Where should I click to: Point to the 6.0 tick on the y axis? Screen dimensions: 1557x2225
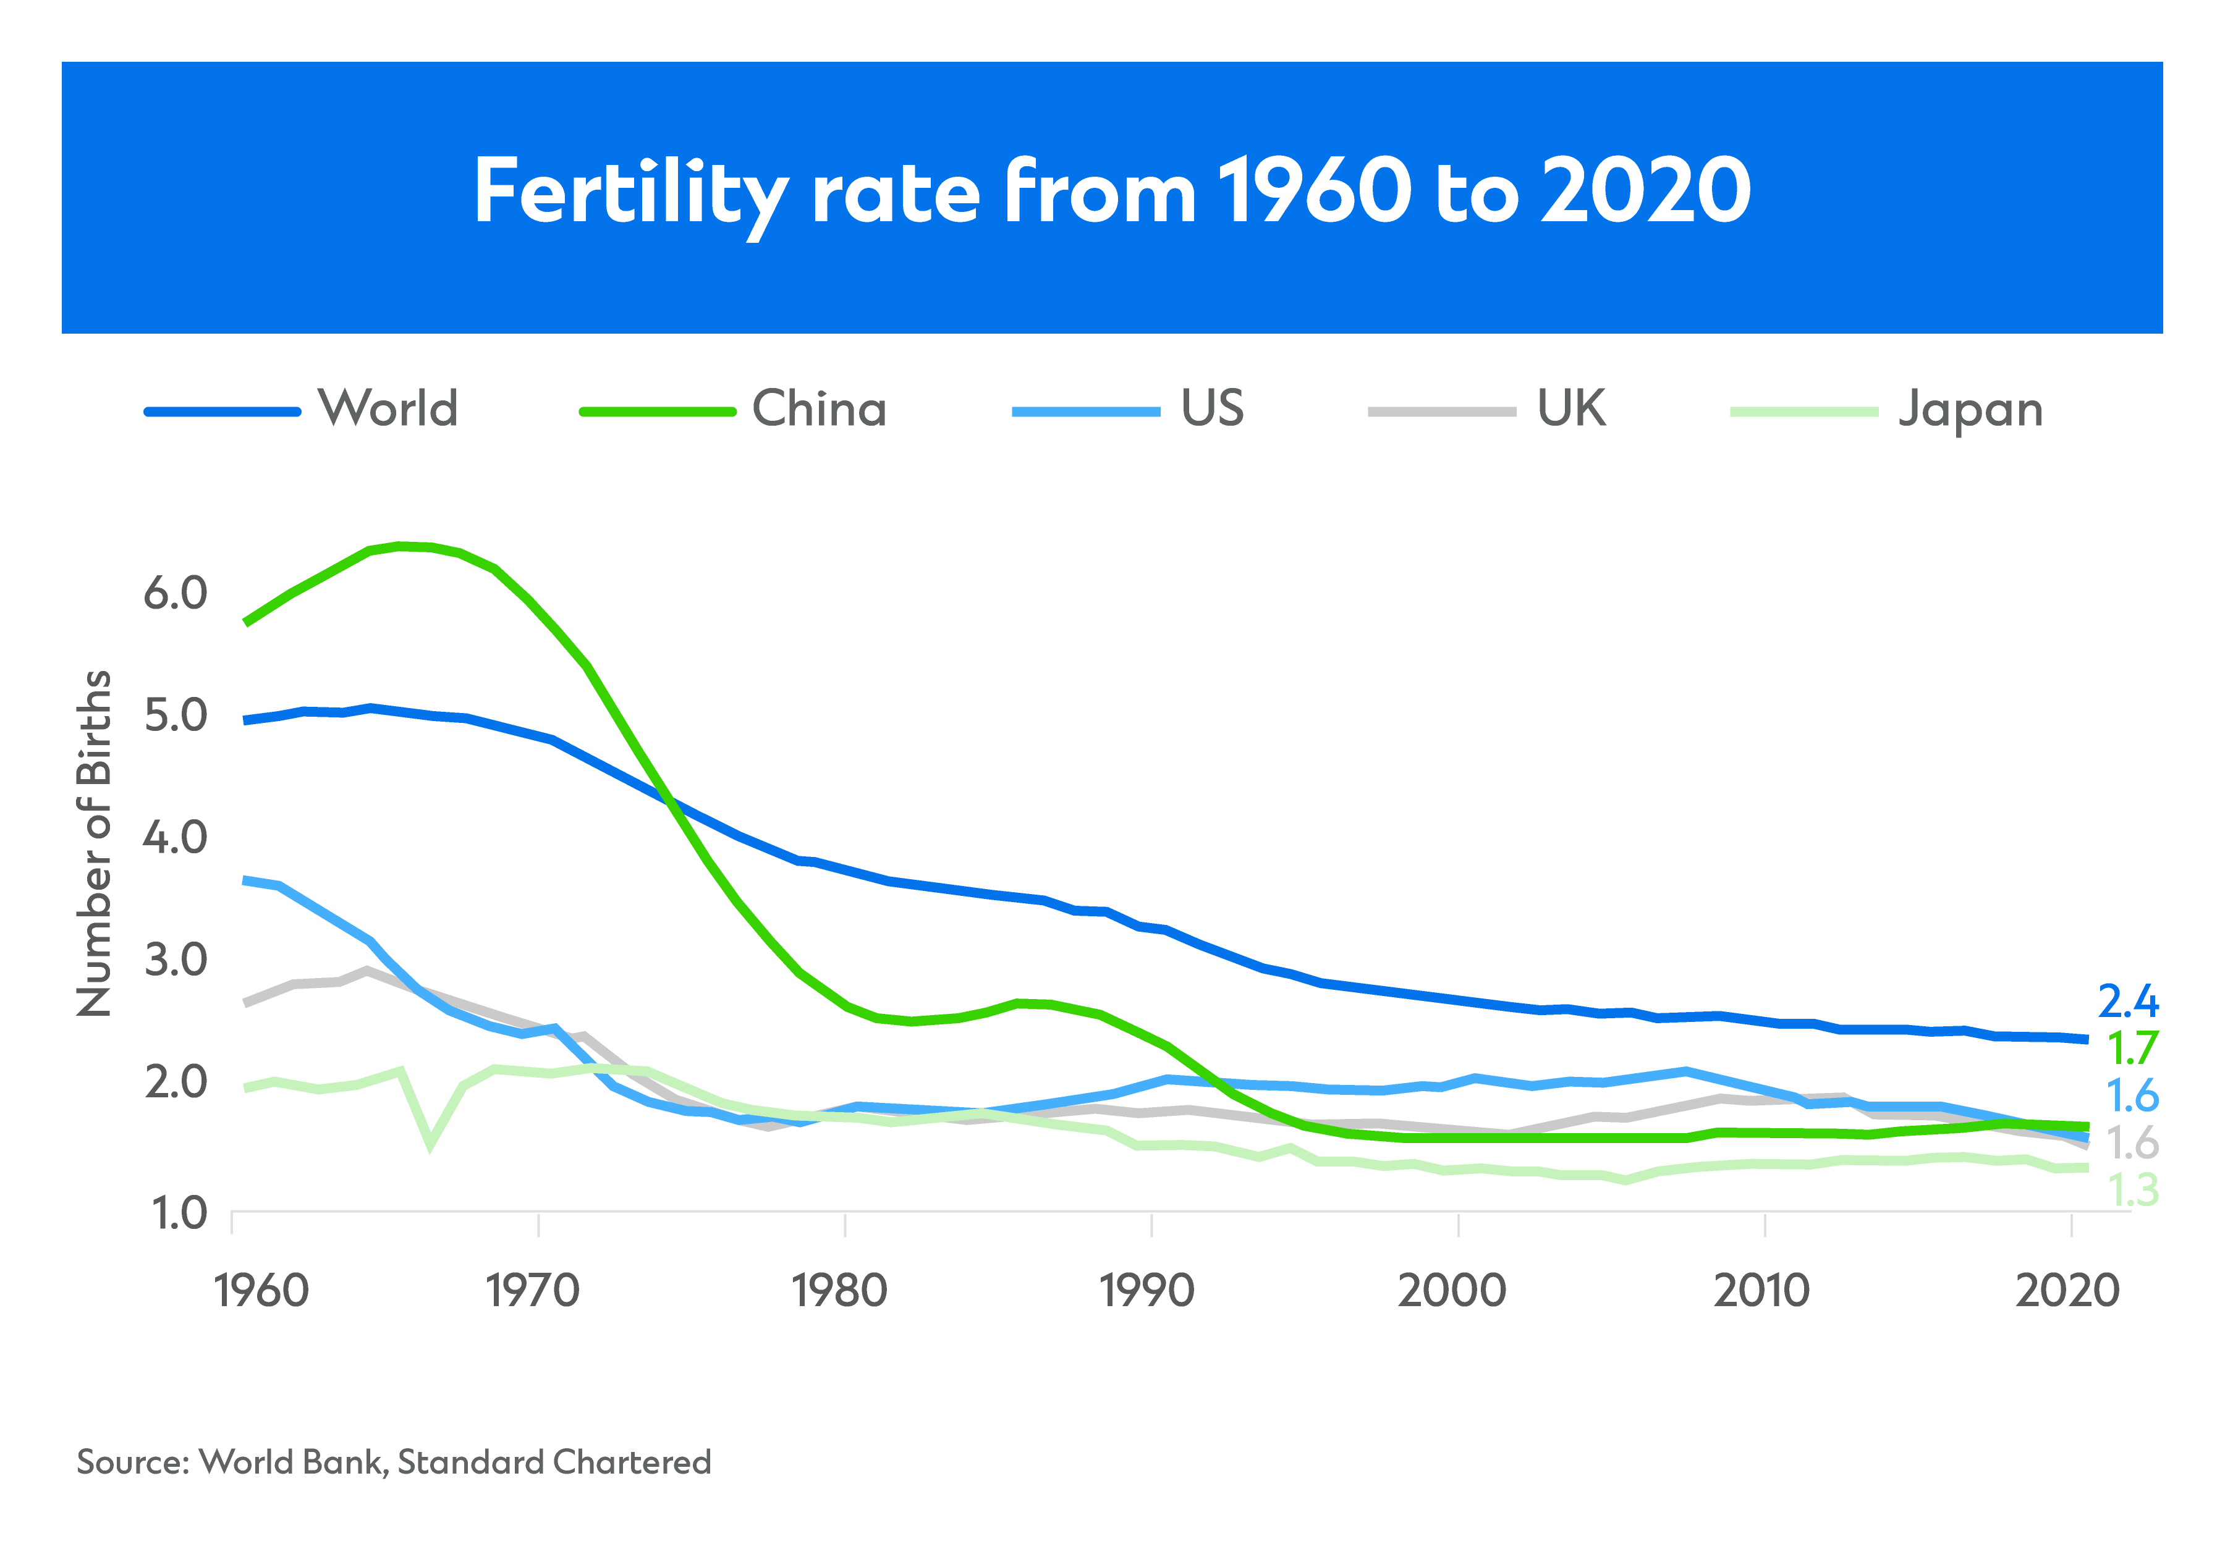(176, 593)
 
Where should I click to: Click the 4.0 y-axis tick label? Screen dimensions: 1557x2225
(176, 837)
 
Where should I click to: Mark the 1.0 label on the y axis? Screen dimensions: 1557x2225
(179, 1213)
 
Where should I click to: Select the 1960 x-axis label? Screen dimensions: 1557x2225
(261, 1291)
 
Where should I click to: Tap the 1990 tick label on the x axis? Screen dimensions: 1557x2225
(1147, 1291)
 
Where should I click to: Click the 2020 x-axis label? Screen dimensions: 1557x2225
(2067, 1291)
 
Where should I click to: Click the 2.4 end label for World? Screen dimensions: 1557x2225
(2128, 1001)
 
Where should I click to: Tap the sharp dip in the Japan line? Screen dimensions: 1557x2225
(430, 1146)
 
